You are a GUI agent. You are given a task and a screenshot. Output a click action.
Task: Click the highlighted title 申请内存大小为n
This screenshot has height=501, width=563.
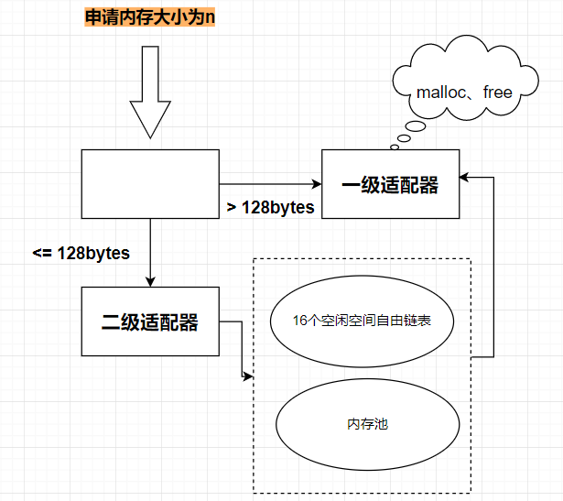tap(150, 17)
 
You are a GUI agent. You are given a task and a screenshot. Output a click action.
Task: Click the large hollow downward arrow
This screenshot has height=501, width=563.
tap(150, 92)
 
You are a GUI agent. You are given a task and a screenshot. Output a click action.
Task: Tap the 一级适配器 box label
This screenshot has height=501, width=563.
tap(390, 185)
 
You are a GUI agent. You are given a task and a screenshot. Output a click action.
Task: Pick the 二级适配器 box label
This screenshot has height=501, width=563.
tap(150, 321)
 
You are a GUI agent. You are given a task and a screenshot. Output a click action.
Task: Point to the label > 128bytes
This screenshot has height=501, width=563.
tap(270, 207)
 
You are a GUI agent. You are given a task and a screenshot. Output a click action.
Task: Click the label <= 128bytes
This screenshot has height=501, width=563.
tap(81, 253)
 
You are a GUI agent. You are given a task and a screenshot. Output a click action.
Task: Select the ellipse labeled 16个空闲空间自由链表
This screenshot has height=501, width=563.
tap(362, 321)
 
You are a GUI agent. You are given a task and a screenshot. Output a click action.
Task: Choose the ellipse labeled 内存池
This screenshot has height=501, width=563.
tap(368, 424)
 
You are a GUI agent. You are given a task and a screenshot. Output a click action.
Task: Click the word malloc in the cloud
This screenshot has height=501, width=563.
tap(441, 93)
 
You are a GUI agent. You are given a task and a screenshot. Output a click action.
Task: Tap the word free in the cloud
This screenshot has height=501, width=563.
tap(498, 93)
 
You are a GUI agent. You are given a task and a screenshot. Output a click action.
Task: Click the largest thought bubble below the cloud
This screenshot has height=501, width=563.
tap(416, 126)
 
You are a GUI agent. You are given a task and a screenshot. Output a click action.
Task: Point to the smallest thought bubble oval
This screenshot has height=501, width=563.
tap(395, 147)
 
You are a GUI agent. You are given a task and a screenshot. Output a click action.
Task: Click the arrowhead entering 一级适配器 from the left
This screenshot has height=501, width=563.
tap(318, 184)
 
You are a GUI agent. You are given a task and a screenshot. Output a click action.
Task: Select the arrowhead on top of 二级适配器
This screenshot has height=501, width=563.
tap(150, 282)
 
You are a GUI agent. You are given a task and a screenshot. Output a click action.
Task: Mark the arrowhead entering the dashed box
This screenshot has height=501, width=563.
tap(248, 376)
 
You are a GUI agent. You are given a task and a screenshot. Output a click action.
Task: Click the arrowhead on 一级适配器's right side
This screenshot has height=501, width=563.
tap(464, 177)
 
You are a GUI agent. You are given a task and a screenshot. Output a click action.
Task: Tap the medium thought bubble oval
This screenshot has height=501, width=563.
tap(404, 138)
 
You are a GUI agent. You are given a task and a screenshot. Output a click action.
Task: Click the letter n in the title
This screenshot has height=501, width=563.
tap(210, 18)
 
